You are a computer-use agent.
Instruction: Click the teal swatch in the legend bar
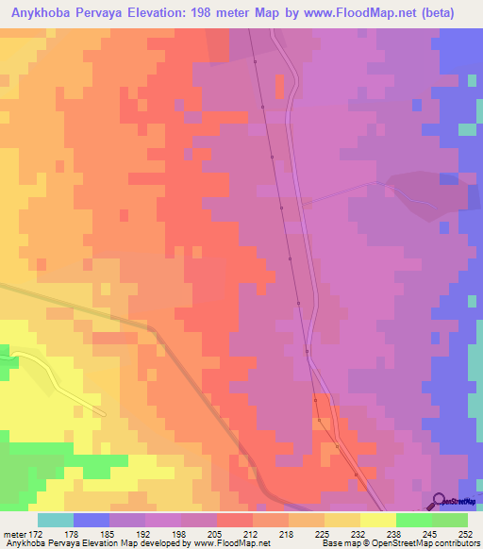tap(56, 520)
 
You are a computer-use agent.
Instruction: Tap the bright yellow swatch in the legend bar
tap(378, 520)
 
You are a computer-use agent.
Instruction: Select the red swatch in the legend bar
tap(234, 520)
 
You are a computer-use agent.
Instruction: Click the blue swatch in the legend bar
tap(92, 520)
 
